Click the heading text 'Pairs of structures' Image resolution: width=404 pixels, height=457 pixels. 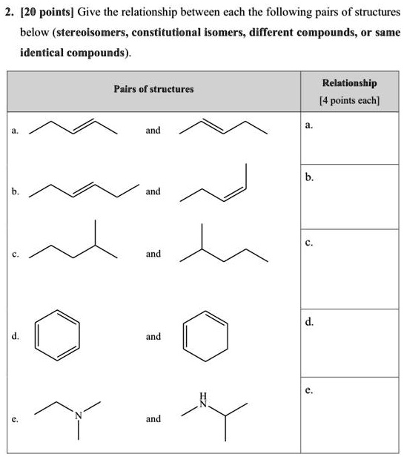pos(153,89)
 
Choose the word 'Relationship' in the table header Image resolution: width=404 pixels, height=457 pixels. pos(350,83)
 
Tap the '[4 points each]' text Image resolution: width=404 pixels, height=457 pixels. pos(350,101)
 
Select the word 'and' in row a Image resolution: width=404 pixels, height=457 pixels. pos(153,131)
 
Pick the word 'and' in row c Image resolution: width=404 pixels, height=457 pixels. pos(153,254)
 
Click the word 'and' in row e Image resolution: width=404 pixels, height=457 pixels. pos(153,419)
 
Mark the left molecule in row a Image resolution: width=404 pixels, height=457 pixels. pos(73,128)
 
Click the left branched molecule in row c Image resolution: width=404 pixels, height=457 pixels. pos(73,243)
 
